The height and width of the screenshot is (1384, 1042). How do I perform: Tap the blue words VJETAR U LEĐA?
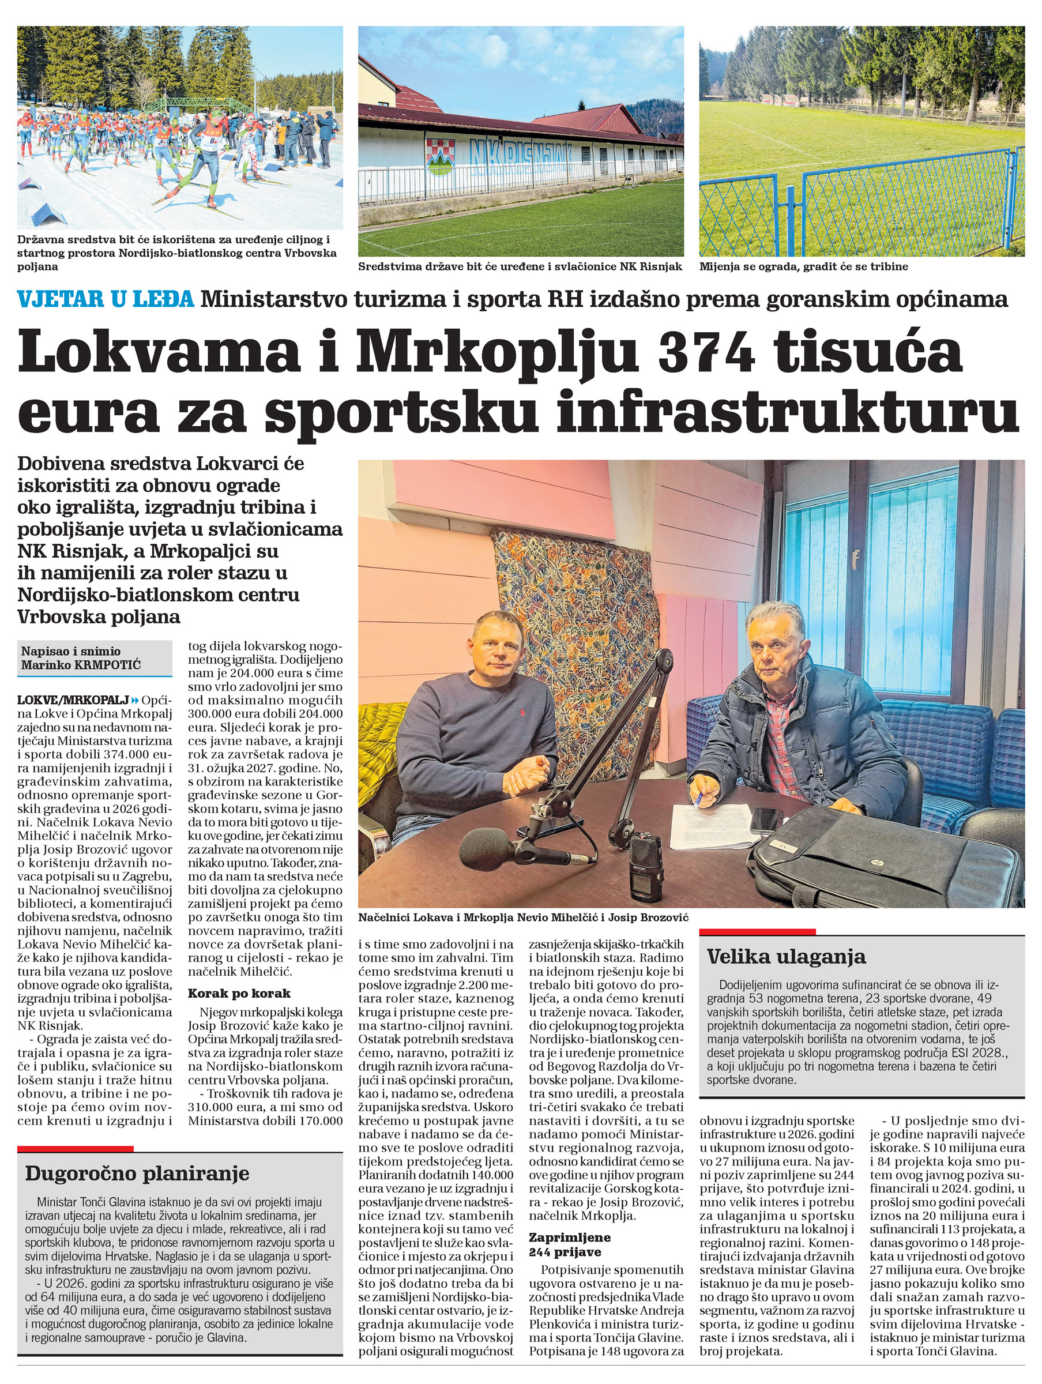105,300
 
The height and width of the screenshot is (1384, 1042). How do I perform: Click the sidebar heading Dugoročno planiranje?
137,1173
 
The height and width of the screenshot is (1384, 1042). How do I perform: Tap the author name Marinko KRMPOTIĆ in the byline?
81,664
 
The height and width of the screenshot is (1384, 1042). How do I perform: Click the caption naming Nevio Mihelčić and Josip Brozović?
522,917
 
